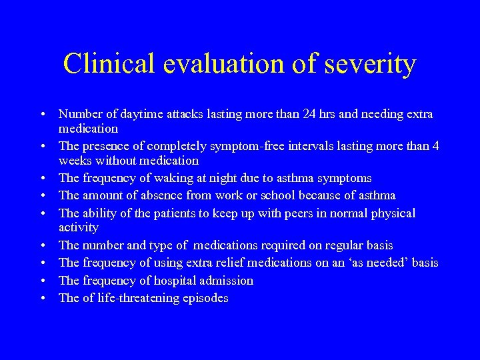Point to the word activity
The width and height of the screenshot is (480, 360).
(79, 227)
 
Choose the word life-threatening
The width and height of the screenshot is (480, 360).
(140, 298)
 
